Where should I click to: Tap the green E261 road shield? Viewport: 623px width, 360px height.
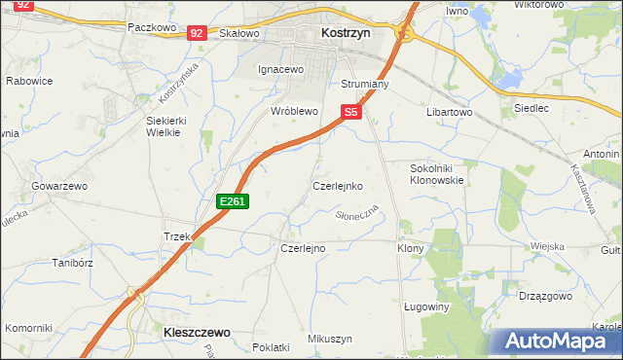pos(234,201)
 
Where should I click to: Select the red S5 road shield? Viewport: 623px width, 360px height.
pos(351,113)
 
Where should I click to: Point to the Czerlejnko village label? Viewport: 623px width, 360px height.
pos(338,185)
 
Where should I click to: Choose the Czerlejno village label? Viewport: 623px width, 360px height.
pos(303,248)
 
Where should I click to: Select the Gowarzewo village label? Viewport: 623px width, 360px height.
pos(59,185)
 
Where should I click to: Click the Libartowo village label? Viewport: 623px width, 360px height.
pos(449,113)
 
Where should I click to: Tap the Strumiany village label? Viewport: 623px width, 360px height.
pos(365,85)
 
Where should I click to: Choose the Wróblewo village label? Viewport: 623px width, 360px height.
pos(294,112)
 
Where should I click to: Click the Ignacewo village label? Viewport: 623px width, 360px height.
pos(280,70)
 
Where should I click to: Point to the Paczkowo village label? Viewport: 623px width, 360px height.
pos(151,28)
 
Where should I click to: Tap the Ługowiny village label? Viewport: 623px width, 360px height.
pos(425,306)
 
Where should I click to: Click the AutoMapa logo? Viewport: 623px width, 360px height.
pos(558,341)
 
